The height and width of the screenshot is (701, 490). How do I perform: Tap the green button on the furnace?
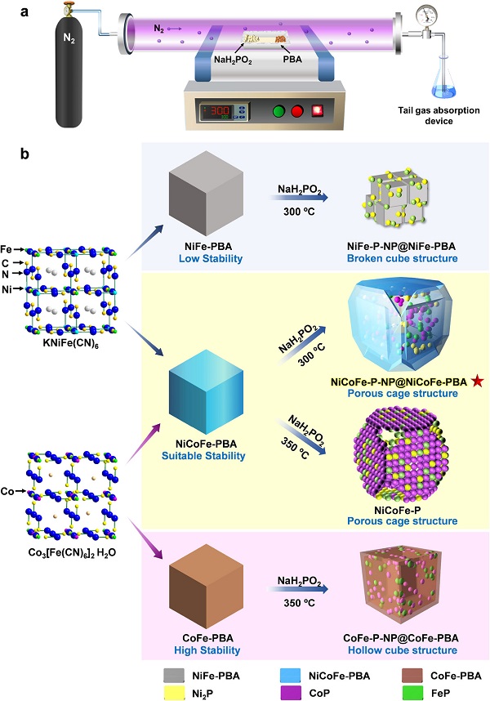279,110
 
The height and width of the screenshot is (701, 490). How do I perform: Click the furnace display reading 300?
220,110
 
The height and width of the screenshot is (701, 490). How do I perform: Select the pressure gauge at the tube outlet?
426,18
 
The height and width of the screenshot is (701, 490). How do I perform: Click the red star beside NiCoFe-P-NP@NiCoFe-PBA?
478,382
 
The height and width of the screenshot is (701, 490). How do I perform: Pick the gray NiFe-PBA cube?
206,193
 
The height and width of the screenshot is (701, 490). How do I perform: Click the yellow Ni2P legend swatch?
174,693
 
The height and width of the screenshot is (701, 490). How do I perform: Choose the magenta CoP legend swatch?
291,693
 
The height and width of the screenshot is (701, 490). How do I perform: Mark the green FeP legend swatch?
412,693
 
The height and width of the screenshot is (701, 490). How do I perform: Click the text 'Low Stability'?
211,258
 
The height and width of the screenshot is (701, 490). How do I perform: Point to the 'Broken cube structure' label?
402,258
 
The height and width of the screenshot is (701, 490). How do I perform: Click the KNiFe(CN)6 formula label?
73,345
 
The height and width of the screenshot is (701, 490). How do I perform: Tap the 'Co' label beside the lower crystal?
7,491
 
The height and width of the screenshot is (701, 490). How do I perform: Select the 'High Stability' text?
207,650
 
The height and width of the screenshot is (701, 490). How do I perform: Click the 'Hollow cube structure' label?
403,650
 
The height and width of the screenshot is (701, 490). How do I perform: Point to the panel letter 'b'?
24,154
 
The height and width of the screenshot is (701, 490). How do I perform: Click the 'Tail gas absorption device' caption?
439,115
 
